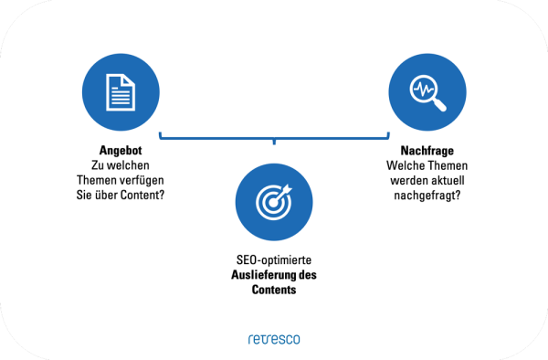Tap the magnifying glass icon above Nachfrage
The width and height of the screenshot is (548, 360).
pyautogui.click(x=425, y=92)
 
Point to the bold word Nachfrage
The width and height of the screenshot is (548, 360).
pyautogui.click(x=427, y=150)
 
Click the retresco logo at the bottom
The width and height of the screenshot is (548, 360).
pyautogui.click(x=273, y=339)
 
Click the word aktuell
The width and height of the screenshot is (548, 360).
pyautogui.click(x=450, y=179)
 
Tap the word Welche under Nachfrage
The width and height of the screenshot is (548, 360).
pyautogui.click(x=403, y=164)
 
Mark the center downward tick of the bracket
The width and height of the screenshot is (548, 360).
pyautogui.click(x=273, y=142)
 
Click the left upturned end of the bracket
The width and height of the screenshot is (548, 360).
pyautogui.click(x=161, y=135)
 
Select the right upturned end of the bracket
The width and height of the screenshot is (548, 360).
pyautogui.click(x=387, y=135)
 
